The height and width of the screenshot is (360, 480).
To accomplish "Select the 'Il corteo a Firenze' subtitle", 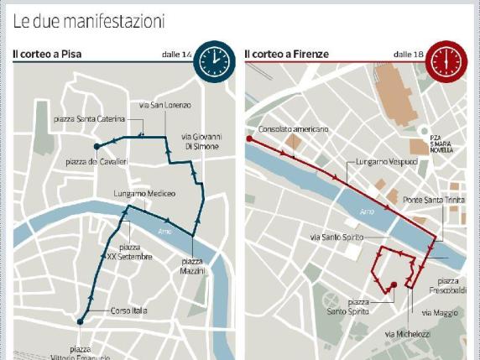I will tap(286, 55).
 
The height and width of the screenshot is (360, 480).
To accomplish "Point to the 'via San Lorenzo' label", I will tap(164, 105).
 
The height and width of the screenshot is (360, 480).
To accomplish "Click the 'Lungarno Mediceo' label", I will tap(144, 194).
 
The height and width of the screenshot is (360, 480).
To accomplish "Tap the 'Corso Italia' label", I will tap(128, 310).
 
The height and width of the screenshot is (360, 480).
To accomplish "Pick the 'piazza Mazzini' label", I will tap(192, 266).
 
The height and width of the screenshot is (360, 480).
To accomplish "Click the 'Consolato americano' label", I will tap(294, 129).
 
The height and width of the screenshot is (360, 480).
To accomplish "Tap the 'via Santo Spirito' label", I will tap(337, 237).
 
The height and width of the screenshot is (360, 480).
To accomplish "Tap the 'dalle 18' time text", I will tap(407, 55).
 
